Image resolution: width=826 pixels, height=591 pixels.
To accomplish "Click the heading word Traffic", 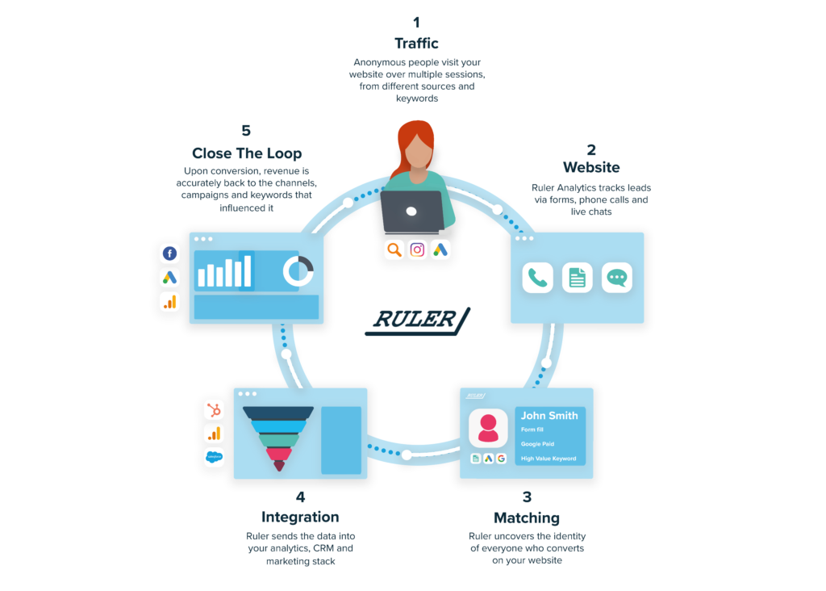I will click(416, 43).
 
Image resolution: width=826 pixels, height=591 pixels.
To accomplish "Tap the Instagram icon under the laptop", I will click(417, 249).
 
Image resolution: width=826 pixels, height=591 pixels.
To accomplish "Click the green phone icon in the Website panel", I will click(537, 278).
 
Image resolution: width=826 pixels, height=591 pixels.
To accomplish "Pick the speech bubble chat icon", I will click(617, 278).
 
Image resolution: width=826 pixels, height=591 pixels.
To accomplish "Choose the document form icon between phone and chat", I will click(577, 278).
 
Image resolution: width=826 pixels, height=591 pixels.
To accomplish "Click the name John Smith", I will click(549, 415).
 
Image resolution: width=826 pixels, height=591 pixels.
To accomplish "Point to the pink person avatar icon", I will click(488, 428).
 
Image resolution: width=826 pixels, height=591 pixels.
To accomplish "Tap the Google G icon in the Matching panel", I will click(501, 459).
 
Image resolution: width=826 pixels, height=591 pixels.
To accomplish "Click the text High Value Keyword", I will click(549, 459).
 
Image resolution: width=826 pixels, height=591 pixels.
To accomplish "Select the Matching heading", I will click(526, 517).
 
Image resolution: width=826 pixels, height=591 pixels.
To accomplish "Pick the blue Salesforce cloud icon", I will click(214, 457).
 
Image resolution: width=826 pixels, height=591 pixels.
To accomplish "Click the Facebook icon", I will click(169, 254).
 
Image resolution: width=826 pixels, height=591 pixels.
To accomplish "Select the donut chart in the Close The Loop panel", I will click(298, 271).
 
